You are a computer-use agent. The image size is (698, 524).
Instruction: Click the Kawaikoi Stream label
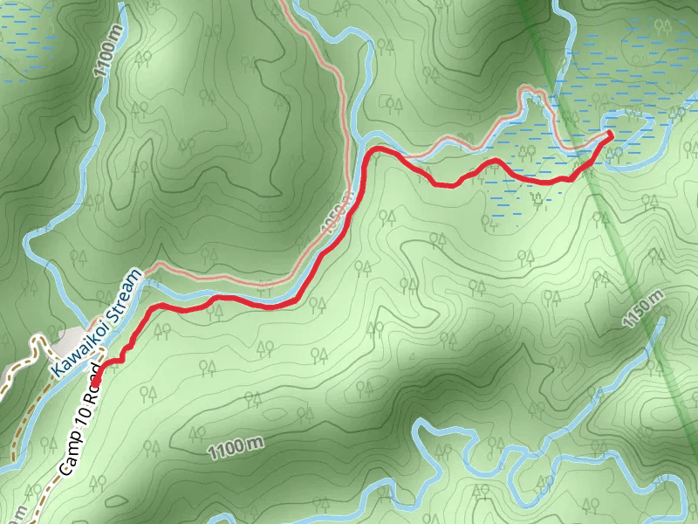coord(95,324)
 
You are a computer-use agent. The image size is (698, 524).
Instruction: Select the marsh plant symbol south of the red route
coord(537,199)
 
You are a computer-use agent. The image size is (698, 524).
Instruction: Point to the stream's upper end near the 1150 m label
coord(660,319)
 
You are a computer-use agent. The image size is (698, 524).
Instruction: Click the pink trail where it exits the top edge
coord(286,3)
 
